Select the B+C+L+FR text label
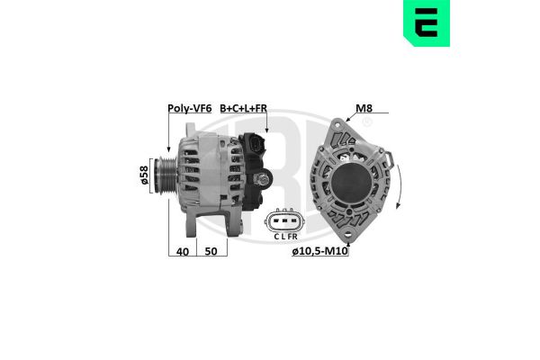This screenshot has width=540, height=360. point(244,109)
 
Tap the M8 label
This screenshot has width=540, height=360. point(364,109)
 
